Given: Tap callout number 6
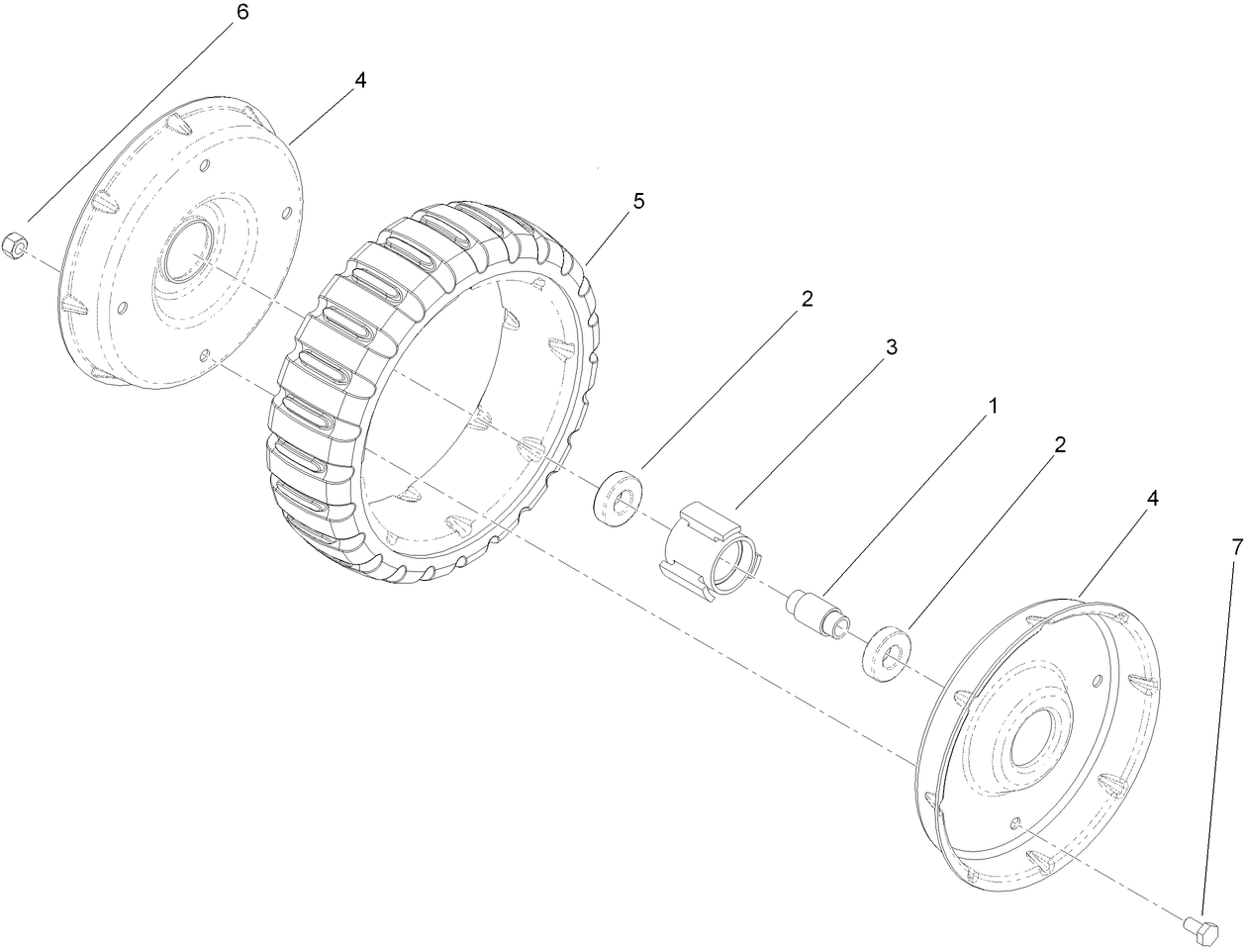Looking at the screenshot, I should coord(240,14).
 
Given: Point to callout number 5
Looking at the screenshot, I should coord(637,201).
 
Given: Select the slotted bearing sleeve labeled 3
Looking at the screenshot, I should coord(711,549).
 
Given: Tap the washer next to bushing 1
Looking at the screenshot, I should coord(889,652).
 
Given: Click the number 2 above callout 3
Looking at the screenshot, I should coord(807,300).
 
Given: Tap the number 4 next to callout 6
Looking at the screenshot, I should coord(360,80).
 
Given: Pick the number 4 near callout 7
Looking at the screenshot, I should coord(1151,499).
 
